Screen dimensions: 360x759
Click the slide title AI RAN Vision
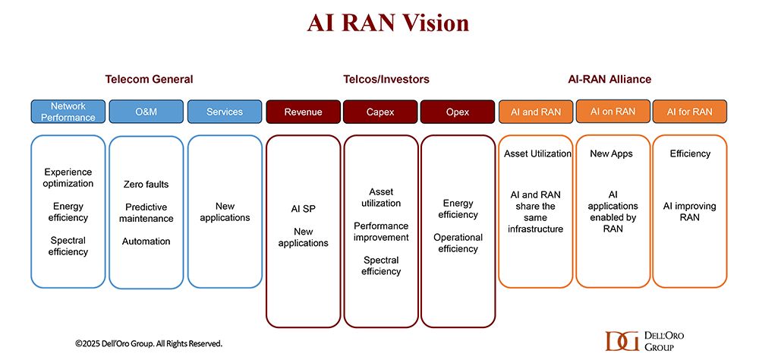[x=388, y=23]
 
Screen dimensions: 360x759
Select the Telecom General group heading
[x=149, y=79]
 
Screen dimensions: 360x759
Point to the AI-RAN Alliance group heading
[x=609, y=79]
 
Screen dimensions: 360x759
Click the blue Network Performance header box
[x=68, y=112]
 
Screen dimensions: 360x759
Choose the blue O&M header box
[x=146, y=112]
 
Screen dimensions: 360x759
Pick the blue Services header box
[x=224, y=112]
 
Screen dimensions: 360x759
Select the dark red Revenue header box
[x=303, y=112]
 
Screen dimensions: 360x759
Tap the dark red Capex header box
[x=380, y=112]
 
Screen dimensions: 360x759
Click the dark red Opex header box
[x=458, y=112]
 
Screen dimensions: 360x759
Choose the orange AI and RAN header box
[x=536, y=112]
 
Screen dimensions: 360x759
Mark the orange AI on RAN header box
[x=613, y=111]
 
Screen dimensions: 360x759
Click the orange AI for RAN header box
[x=690, y=112]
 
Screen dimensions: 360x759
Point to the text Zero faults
[x=146, y=184]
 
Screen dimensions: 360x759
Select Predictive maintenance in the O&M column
[x=146, y=213]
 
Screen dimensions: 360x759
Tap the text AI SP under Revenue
[x=303, y=209]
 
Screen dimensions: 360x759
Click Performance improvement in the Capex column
[x=381, y=232]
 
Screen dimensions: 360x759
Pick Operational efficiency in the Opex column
[x=458, y=243]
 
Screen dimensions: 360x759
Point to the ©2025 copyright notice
[x=149, y=343]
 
